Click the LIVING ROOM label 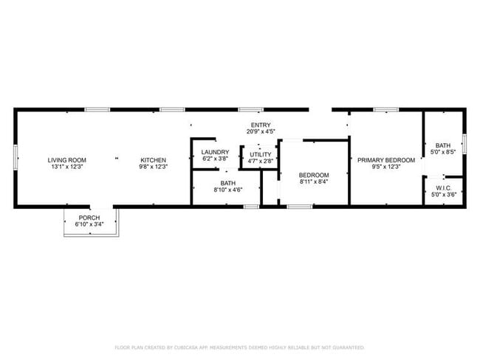pyautogui.click(x=67, y=160)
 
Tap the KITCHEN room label pyautogui.click(x=154, y=160)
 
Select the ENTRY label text pyautogui.click(x=261, y=125)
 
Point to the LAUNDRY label pyautogui.click(x=215, y=152)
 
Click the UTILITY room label pyautogui.click(x=260, y=154)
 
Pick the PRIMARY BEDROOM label pyautogui.click(x=386, y=160)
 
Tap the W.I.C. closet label pyautogui.click(x=444, y=187)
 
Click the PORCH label pyautogui.click(x=89, y=218)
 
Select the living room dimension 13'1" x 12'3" pyautogui.click(x=67, y=167)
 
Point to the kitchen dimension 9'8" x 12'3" pyautogui.click(x=154, y=167)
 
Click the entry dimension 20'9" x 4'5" pyautogui.click(x=261, y=131)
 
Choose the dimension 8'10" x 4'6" pyautogui.click(x=227, y=190)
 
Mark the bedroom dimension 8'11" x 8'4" pyautogui.click(x=314, y=181)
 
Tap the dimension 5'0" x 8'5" pyautogui.click(x=443, y=152)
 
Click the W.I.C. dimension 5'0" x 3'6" pyautogui.click(x=444, y=194)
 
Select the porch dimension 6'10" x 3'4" pyautogui.click(x=89, y=225)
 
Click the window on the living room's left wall pyautogui.click(x=16, y=159)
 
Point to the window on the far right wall pyautogui.click(x=464, y=142)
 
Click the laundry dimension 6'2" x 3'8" pyautogui.click(x=215, y=159)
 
